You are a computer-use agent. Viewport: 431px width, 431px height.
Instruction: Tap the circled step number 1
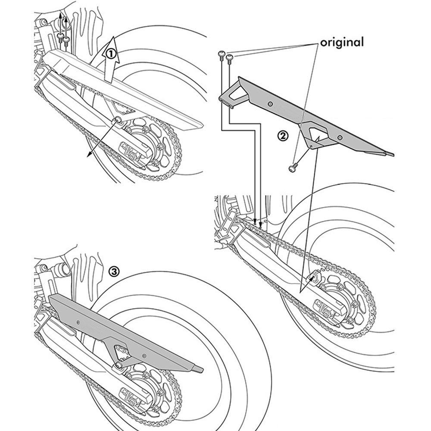[x=111, y=54]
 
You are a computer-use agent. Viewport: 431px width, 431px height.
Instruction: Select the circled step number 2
[x=282, y=136]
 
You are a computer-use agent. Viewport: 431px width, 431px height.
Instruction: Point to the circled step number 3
[x=114, y=271]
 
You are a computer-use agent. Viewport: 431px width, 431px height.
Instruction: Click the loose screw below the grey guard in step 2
[x=292, y=167]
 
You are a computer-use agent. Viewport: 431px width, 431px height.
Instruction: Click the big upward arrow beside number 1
[x=108, y=60]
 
